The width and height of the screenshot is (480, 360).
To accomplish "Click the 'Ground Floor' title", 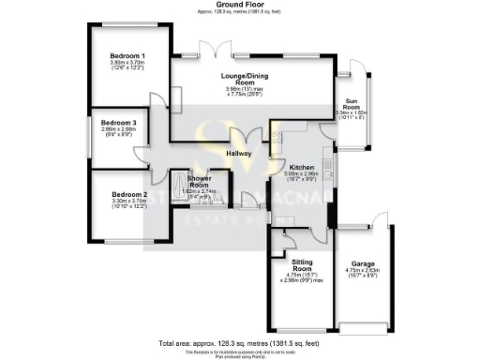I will click(238, 5).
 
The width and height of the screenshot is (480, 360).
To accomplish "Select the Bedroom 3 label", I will click(119, 123).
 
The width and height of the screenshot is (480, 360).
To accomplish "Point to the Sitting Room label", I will click(303, 265).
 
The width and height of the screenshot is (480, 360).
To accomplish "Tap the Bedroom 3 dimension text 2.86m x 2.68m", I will click(119, 130).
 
